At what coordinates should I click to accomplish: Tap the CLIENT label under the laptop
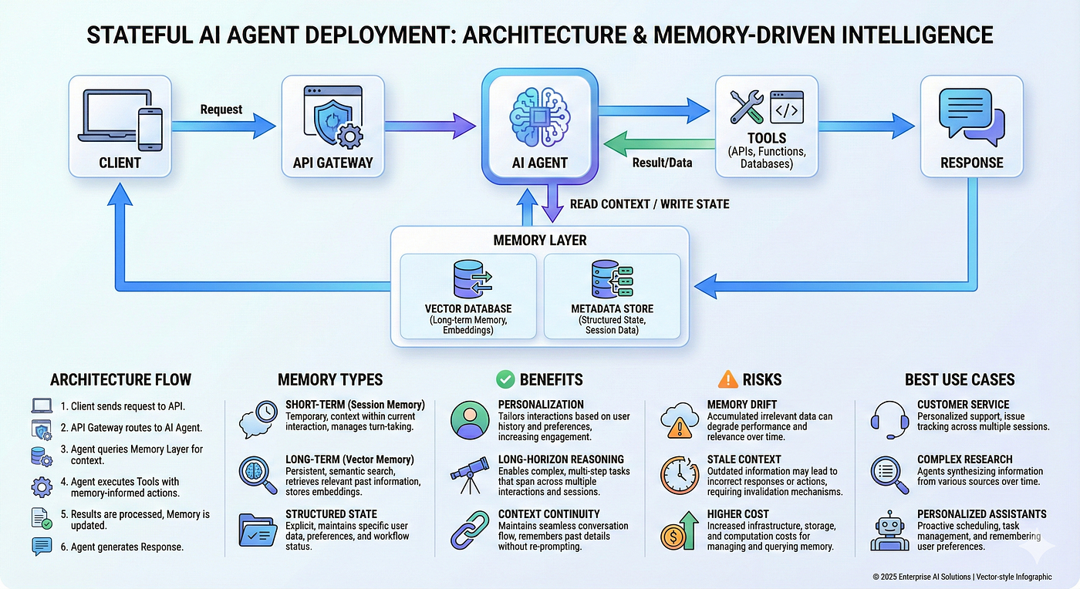click(120, 163)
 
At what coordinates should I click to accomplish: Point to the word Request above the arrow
click(221, 109)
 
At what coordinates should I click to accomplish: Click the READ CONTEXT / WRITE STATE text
click(650, 204)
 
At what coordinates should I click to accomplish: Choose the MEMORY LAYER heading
click(540, 241)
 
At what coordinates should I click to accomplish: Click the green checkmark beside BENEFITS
click(505, 379)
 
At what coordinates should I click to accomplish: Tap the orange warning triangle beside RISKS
click(727, 379)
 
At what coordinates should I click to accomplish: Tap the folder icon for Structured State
click(257, 530)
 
